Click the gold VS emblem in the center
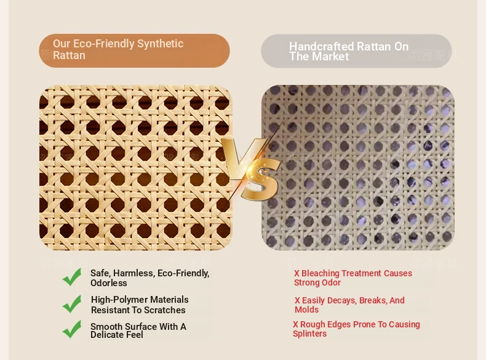(x=252, y=169)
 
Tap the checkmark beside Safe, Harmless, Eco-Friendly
(x=72, y=277)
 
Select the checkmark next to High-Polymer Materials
(x=72, y=304)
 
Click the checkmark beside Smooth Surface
(x=72, y=329)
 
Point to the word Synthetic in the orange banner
(x=160, y=44)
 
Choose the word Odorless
(x=109, y=283)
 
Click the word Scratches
(x=165, y=310)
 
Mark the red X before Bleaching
(x=297, y=273)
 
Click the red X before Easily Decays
(x=297, y=300)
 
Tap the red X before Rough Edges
(x=295, y=324)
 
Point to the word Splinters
(x=309, y=334)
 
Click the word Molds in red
(x=306, y=310)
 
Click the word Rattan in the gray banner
(x=375, y=47)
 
